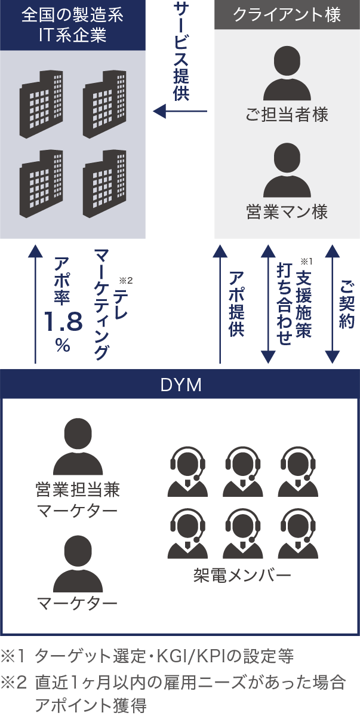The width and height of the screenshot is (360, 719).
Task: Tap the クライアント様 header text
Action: click(287, 15)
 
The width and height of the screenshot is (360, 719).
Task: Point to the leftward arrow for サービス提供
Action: click(180, 111)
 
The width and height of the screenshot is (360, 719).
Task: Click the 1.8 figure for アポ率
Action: click(62, 323)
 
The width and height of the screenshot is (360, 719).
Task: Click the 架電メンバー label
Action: click(242, 576)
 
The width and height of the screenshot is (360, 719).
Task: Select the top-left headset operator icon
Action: click(187, 471)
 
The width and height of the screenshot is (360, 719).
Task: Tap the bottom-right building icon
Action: click(104, 182)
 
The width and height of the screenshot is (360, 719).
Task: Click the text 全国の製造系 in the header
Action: click(72, 15)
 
